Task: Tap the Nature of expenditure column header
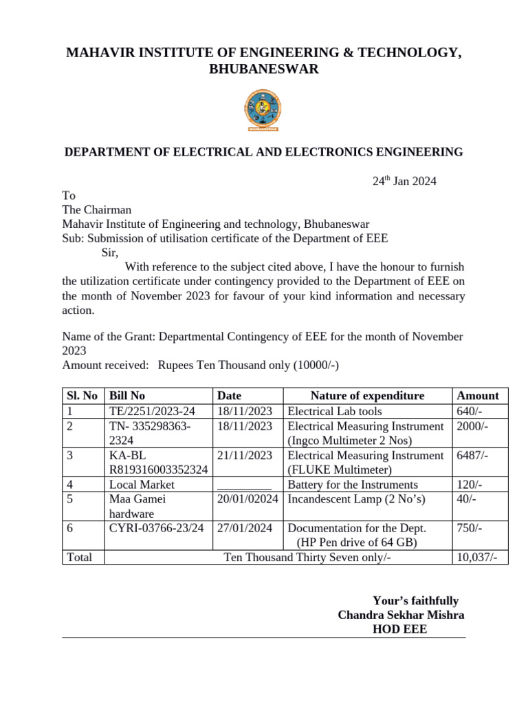point(367,396)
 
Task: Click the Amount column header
point(478,396)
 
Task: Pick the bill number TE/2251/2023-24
point(152,412)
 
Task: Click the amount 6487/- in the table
point(472,456)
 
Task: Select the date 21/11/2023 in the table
point(245,456)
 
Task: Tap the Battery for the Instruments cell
point(353,485)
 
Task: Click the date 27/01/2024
point(245,529)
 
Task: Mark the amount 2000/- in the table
point(472,426)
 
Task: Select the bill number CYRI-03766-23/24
point(156,529)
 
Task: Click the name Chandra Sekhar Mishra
point(401,615)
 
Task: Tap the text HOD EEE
point(399,629)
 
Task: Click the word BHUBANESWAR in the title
point(263,70)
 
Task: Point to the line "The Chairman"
point(97,210)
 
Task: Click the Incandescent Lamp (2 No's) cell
point(357,499)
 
